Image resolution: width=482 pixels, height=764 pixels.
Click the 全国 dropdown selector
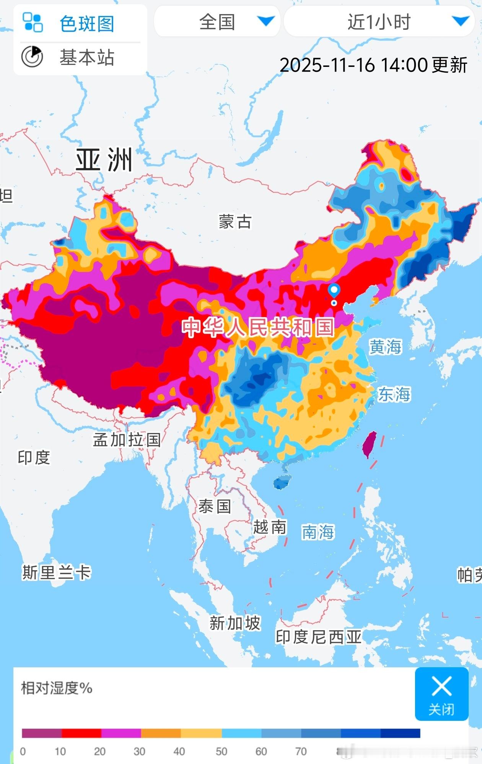tap(217, 22)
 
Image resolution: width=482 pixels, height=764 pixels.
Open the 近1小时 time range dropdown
tap(379, 22)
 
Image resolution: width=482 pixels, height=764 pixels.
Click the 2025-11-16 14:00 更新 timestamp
tap(373, 65)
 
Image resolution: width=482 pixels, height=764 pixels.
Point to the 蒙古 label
tap(235, 222)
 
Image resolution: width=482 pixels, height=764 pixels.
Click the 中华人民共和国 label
tap(258, 327)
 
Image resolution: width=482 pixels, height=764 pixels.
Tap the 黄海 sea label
tap(385, 347)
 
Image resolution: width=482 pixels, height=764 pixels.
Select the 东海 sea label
tap(394, 394)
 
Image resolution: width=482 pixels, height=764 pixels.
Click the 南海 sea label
tap(318, 532)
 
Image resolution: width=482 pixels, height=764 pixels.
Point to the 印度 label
tap(34, 457)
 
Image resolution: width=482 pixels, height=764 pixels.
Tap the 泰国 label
tap(215, 507)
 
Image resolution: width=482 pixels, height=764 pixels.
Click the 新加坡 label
tap(234, 623)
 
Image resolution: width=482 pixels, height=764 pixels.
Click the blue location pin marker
tap(334, 291)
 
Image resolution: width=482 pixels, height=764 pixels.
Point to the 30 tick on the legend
tap(139, 751)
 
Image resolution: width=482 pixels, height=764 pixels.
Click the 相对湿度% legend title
tap(57, 688)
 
